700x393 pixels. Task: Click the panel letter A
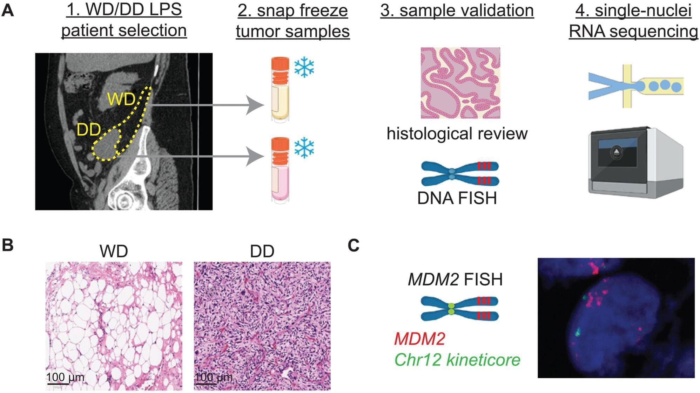point(8,11)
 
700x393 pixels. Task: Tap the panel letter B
point(8,245)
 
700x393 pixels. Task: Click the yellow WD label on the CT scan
point(121,99)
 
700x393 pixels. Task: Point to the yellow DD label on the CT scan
point(89,130)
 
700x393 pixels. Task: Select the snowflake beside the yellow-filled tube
point(304,68)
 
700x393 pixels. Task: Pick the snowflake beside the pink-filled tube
point(304,147)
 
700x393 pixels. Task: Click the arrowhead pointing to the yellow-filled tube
point(255,105)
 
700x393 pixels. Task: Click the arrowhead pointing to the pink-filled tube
point(255,156)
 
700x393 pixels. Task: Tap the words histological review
point(457,133)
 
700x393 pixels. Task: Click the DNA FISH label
point(457,198)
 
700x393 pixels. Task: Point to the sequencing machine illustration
point(635,163)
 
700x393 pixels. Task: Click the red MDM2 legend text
point(419,339)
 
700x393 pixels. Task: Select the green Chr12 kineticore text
point(457,360)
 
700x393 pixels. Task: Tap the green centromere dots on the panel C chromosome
point(451,309)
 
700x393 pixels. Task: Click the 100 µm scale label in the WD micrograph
point(65,377)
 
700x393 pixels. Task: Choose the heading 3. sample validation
point(457,11)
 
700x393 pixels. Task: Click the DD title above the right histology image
point(262,251)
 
